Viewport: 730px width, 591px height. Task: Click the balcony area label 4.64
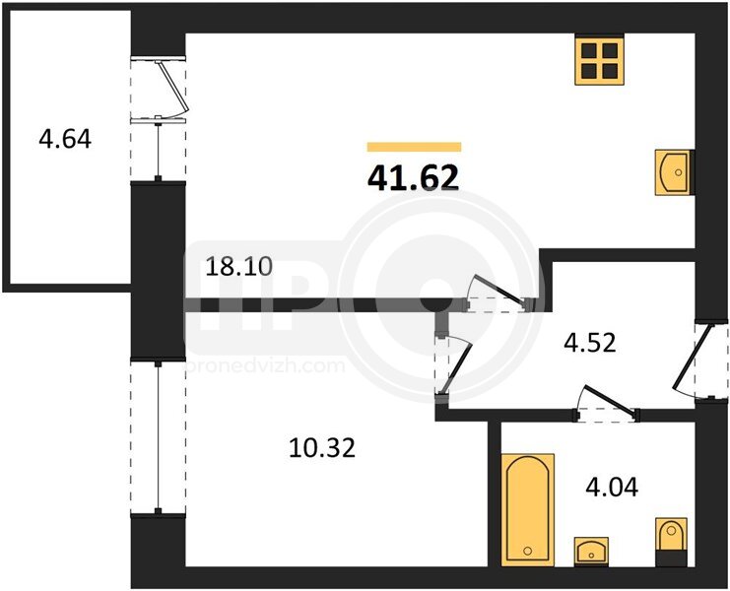[65, 139]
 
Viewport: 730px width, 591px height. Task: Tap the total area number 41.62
[414, 178]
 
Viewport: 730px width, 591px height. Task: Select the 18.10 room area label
[238, 267]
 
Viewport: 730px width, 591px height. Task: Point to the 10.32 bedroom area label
[322, 448]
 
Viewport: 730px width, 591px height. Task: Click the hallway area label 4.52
[590, 343]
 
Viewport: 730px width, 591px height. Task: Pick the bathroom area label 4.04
[612, 488]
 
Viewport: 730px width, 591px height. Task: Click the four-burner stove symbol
[599, 61]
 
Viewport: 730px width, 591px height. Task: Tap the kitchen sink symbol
[675, 172]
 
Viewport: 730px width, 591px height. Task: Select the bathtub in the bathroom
[528, 509]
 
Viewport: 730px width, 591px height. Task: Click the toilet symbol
[671, 542]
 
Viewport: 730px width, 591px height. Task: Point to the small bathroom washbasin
[591, 552]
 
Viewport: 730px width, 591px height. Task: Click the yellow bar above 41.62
[414, 147]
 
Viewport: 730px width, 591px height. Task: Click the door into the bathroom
[607, 404]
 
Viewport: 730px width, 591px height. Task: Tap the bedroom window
[159, 437]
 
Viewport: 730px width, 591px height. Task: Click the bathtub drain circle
[527, 551]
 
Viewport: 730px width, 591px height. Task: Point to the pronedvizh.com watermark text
[265, 365]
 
